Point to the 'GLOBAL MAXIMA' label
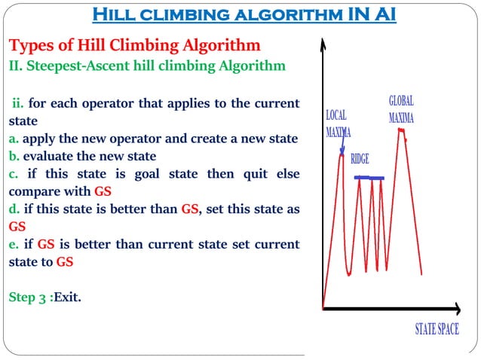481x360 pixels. click(x=401, y=109)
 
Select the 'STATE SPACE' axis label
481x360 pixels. click(x=437, y=329)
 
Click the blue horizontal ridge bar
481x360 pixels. click(x=369, y=178)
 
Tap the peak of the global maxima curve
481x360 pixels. click(x=403, y=131)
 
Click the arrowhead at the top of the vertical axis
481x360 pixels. click(x=323, y=42)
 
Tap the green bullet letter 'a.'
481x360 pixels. click(x=14, y=139)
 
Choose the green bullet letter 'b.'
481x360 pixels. click(x=14, y=157)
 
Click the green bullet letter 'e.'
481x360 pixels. click(x=14, y=245)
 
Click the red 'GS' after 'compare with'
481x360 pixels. click(x=103, y=191)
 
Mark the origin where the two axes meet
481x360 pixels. click(x=323, y=309)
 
